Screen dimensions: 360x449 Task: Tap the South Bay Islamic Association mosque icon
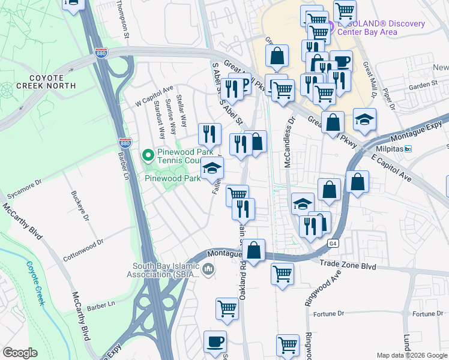[x=208, y=269]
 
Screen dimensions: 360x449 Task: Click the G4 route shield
[x=333, y=244]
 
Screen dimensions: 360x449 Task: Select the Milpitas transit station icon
[x=408, y=149]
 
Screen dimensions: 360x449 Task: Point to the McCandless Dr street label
[x=289, y=141]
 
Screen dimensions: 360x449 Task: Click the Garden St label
[x=423, y=86]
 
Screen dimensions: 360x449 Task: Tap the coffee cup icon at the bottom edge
[x=215, y=341]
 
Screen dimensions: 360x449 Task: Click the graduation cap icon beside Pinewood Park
[x=211, y=168]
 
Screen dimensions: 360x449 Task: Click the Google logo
[x=20, y=353]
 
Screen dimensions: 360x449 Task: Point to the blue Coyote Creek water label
[x=34, y=283]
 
